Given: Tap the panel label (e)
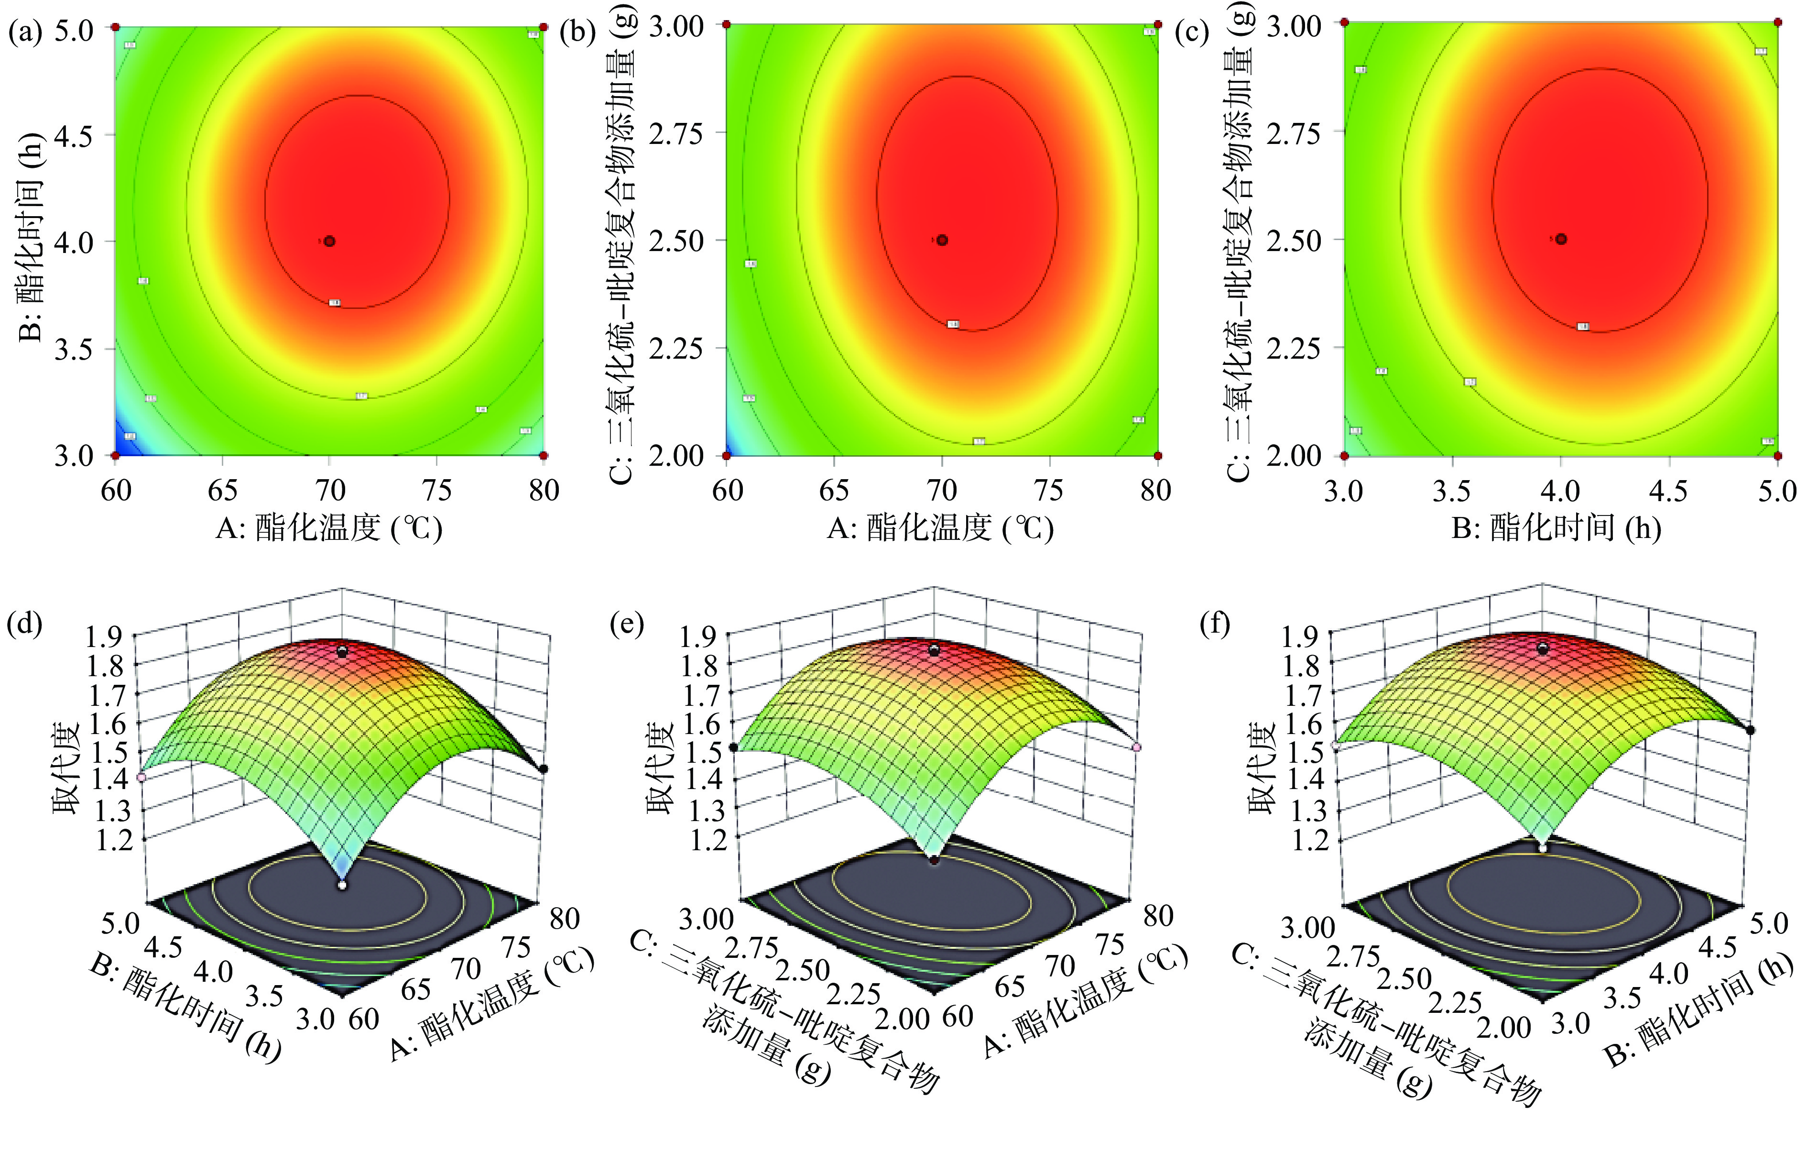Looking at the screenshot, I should (x=626, y=624).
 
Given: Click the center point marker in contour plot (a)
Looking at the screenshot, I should (x=329, y=241).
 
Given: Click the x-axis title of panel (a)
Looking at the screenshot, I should (x=329, y=529).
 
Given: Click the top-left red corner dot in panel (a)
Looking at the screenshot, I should (x=116, y=27).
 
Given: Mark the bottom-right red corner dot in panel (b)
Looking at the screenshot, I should (x=1158, y=456).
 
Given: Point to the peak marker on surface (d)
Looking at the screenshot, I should (x=342, y=651).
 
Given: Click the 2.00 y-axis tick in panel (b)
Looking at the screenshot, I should (x=676, y=456).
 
